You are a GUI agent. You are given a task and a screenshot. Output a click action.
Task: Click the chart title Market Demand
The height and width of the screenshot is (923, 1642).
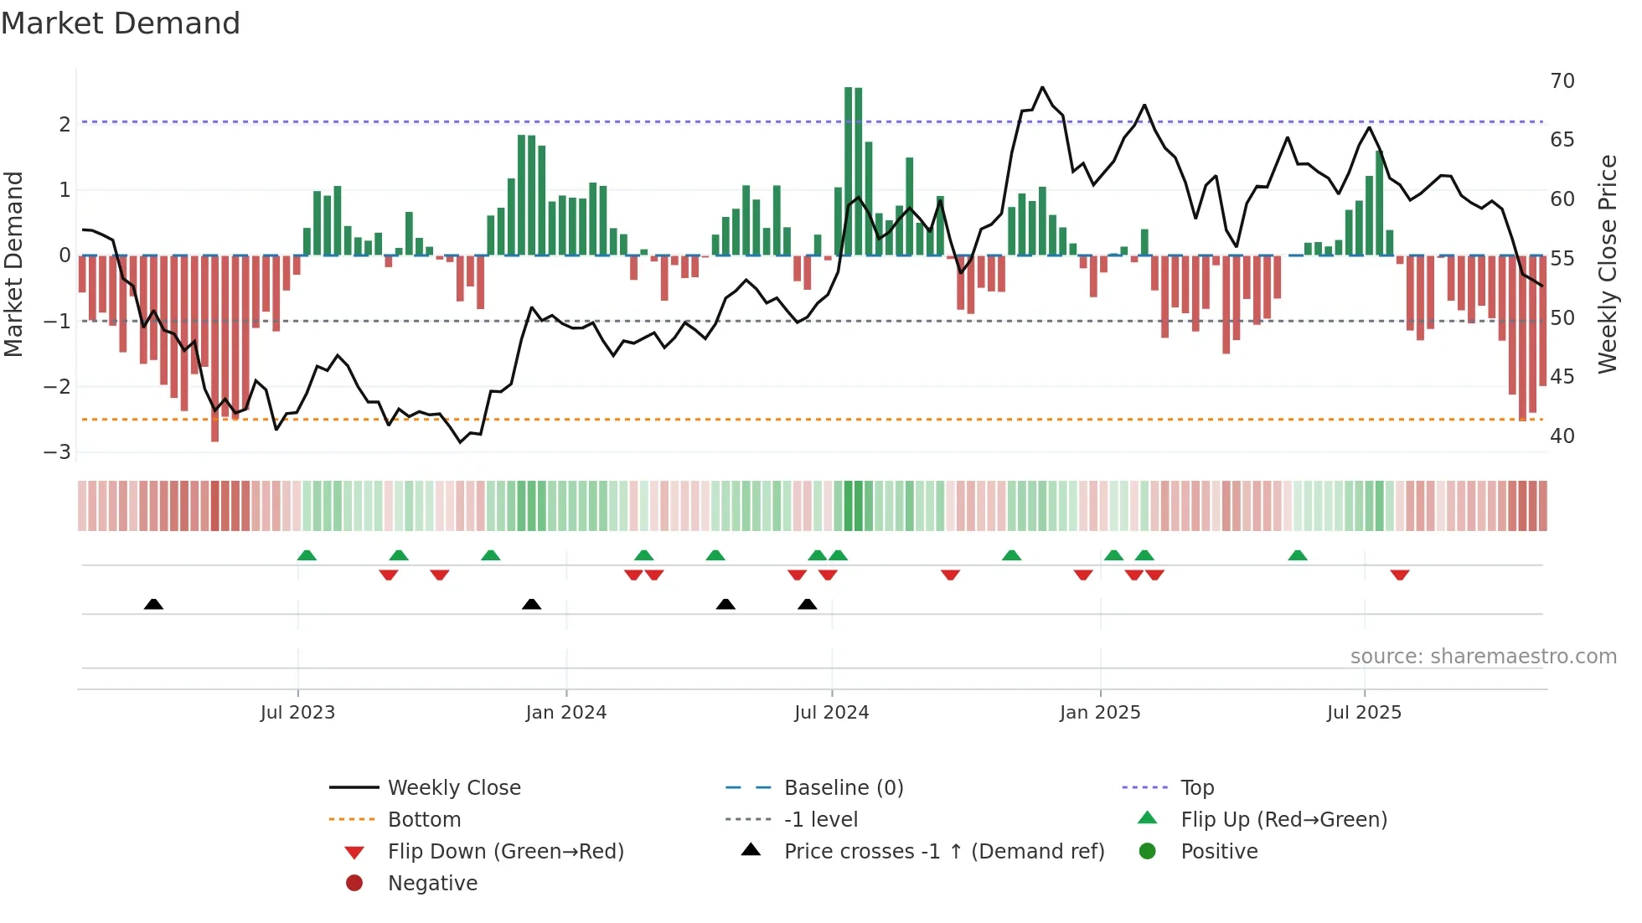pyautogui.click(x=121, y=23)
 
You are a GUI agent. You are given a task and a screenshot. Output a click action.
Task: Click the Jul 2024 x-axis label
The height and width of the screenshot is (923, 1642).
pyautogui.click(x=831, y=713)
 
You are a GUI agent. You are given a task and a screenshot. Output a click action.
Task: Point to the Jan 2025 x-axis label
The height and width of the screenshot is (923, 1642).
pyautogui.click(x=1099, y=713)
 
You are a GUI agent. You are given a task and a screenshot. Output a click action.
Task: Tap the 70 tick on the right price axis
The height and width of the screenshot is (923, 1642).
pyautogui.click(x=1562, y=81)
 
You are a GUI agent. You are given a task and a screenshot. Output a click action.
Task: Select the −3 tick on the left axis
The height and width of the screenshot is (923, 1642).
pyautogui.click(x=58, y=452)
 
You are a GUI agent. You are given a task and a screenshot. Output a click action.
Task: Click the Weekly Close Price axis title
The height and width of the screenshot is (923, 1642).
pyautogui.click(x=1607, y=264)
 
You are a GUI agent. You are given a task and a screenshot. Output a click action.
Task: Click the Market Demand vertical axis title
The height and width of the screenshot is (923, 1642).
pyautogui.click(x=14, y=264)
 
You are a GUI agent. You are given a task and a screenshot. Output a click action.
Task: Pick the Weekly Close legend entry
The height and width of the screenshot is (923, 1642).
pyautogui.click(x=453, y=788)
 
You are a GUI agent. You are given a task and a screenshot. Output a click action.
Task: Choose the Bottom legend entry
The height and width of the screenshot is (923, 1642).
pyautogui.click(x=424, y=820)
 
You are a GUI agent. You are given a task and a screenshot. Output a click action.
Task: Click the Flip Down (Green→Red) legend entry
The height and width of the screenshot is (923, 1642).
pyautogui.click(x=505, y=852)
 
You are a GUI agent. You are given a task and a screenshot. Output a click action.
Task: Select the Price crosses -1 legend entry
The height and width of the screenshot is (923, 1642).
pyautogui.click(x=943, y=852)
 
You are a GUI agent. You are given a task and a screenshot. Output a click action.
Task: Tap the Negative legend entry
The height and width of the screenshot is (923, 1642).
pyautogui.click(x=432, y=884)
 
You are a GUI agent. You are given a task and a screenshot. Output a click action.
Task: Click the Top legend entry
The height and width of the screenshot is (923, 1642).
pyautogui.click(x=1196, y=788)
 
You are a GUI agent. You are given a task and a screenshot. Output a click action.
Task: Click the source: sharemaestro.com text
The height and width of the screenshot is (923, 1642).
pyautogui.click(x=1483, y=657)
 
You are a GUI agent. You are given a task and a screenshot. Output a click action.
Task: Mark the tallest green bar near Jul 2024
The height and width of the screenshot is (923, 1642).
pyautogui.click(x=848, y=168)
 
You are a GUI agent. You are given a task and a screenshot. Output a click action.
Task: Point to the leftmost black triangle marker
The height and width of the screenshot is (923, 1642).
pyautogui.click(x=153, y=604)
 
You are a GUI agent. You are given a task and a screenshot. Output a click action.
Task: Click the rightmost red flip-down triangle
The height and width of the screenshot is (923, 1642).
pyautogui.click(x=1399, y=575)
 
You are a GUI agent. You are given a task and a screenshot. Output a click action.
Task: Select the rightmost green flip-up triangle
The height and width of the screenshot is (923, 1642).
pyautogui.click(x=1297, y=555)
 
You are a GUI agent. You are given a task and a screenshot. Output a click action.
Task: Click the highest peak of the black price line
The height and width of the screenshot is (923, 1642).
pyautogui.click(x=1042, y=87)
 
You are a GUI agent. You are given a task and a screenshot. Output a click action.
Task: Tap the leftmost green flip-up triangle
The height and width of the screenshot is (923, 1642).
pyautogui.click(x=307, y=555)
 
